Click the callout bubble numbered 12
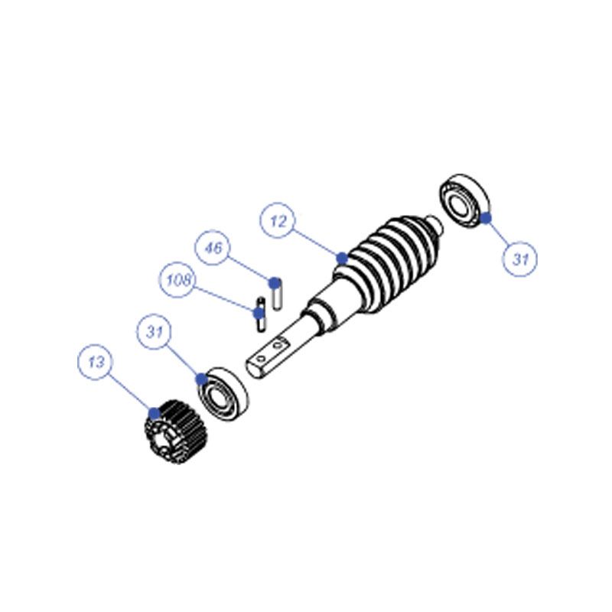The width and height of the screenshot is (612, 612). click(278, 220)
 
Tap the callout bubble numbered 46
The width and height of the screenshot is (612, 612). click(213, 247)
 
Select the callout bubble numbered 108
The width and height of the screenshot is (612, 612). click(177, 279)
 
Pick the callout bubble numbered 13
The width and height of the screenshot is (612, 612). click(96, 362)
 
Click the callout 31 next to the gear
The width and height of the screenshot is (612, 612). click(155, 332)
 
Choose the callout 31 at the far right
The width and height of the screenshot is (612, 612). click(519, 259)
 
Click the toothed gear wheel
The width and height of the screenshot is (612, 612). click(177, 432)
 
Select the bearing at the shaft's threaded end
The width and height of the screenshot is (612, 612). click(464, 201)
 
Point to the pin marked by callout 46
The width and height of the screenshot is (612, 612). click(277, 295)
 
